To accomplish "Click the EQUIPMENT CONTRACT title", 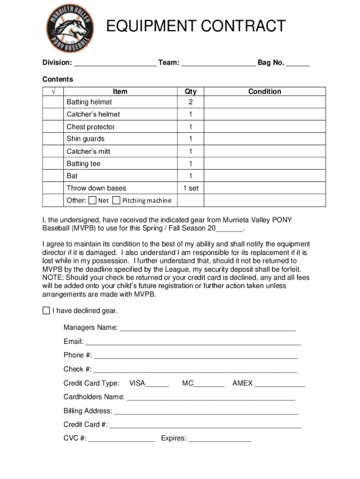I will coord(195,26).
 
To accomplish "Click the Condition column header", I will coord(265,92).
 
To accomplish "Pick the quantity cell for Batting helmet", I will coord(190,102).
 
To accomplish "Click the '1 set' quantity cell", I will coord(190,188).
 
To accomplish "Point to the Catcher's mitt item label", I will coord(88,152).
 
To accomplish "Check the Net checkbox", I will coord(93,201).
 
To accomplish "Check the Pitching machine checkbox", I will coord(117,201).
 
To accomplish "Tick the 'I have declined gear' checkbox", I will coord(46,311).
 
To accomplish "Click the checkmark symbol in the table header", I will coord(53,92).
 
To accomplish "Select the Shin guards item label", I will coord(86,139).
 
